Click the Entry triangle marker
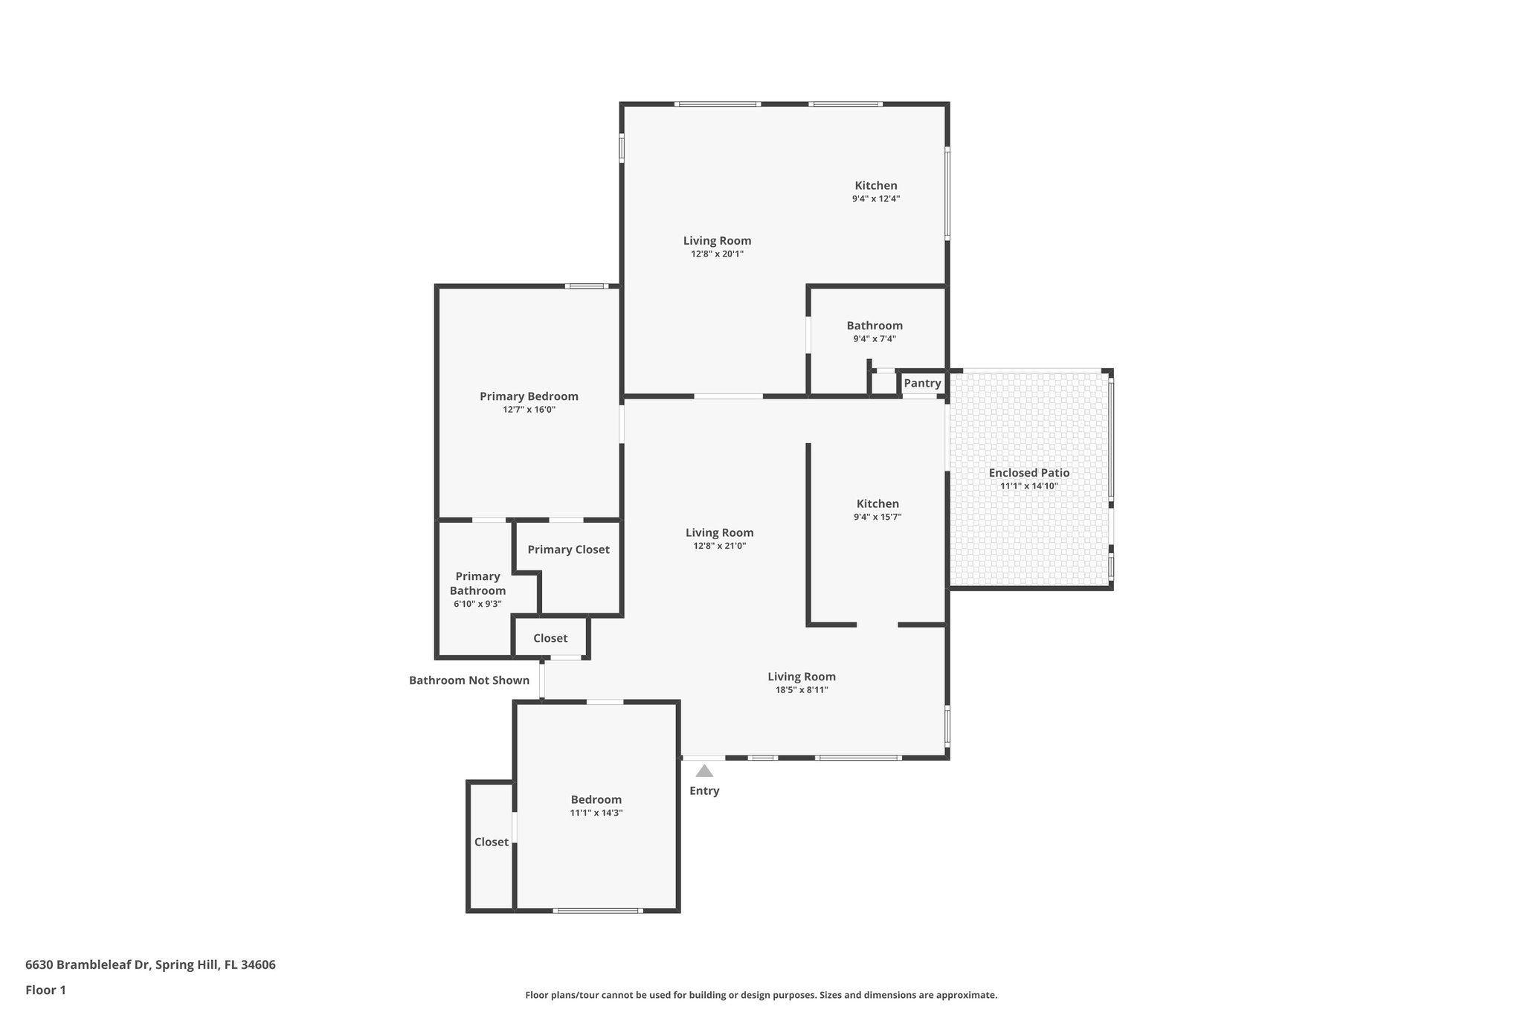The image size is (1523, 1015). tap(704, 771)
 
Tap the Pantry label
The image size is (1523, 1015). tap(922, 383)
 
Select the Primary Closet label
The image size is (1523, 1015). tap(568, 550)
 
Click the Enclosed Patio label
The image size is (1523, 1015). tap(1028, 473)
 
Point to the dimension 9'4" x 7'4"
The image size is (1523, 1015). tap(875, 339)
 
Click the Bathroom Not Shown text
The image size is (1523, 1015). tap(469, 680)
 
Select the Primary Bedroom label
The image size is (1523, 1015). tap(529, 396)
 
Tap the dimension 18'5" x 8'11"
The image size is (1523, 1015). tap(802, 690)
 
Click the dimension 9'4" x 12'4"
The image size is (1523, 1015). tap(876, 199)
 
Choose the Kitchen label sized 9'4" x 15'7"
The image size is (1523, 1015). tap(878, 503)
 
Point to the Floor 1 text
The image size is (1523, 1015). tap(45, 990)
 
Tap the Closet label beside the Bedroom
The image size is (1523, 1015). tap(491, 842)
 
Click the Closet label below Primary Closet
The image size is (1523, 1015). tap(550, 638)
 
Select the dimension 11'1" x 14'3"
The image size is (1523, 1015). tap(596, 813)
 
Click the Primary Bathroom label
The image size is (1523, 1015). tap(477, 584)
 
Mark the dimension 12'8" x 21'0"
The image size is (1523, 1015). tap(719, 546)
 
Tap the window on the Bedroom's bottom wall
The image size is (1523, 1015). tap(597, 911)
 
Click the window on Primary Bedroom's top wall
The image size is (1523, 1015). tap(586, 286)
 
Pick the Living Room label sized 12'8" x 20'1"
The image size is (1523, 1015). tap(717, 240)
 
